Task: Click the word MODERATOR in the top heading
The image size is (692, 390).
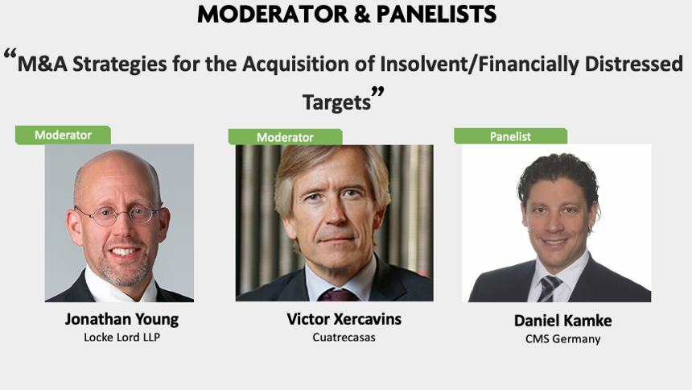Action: (x=273, y=15)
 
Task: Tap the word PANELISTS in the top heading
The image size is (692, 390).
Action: (x=436, y=15)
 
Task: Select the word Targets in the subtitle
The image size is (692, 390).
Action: (x=336, y=102)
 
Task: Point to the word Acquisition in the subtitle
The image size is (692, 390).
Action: (x=295, y=64)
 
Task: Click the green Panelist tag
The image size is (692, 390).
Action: (x=511, y=136)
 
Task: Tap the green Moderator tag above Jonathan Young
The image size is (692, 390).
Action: (x=63, y=135)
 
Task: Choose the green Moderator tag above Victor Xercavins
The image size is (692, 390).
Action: (x=285, y=137)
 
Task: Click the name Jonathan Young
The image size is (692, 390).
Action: (x=122, y=319)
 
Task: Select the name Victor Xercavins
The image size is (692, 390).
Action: (x=344, y=319)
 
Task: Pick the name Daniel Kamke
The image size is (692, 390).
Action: (x=563, y=321)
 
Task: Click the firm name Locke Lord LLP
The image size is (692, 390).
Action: (x=122, y=338)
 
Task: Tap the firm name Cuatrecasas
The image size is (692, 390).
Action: (x=344, y=338)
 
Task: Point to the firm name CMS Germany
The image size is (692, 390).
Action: (x=563, y=339)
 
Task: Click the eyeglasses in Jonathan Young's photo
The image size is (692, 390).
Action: (x=117, y=215)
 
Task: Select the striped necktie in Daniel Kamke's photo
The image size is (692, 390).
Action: (x=548, y=288)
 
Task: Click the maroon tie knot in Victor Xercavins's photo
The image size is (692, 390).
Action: (x=339, y=295)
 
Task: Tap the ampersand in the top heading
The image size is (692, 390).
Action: (x=362, y=15)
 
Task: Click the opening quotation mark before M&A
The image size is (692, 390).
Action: (x=10, y=56)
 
